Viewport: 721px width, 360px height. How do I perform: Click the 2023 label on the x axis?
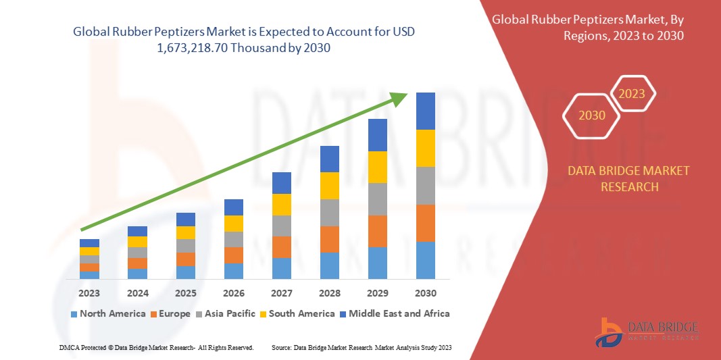click(89, 293)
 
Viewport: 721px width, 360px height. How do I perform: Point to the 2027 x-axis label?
click(282, 293)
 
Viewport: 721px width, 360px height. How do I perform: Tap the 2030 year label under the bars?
click(426, 293)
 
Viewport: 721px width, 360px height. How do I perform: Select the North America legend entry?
click(107, 313)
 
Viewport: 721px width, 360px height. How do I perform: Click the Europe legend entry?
click(171, 313)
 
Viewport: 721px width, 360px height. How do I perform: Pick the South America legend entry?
click(297, 313)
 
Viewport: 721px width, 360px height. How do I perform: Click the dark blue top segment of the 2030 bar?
click(426, 111)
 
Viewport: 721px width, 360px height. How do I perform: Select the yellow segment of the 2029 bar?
click(378, 167)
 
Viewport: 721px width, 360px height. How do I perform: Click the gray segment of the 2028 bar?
click(330, 212)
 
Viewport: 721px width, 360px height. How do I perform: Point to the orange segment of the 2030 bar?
click(426, 223)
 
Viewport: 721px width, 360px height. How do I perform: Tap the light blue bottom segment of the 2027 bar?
click(282, 268)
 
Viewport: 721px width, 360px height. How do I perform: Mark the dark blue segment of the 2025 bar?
click(186, 220)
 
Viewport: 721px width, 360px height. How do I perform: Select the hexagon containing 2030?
click(591, 115)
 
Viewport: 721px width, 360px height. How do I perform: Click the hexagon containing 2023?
click(632, 94)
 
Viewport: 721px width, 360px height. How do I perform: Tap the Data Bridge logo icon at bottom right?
click(610, 332)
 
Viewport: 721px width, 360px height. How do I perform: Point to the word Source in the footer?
click(282, 347)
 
